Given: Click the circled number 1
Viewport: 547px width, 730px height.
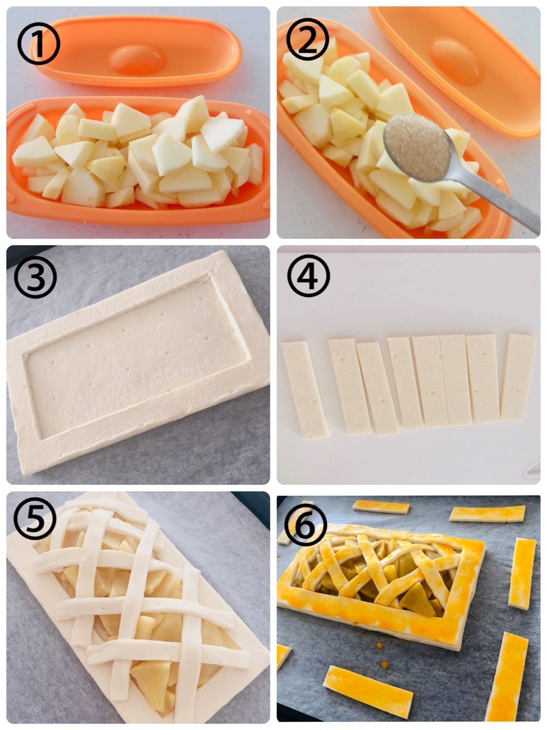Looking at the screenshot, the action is click(39, 43).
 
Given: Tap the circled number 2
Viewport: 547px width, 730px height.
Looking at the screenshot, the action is click(308, 39).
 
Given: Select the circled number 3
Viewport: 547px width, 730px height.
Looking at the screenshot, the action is click(35, 277).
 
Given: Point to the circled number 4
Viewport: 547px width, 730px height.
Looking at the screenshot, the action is click(308, 276).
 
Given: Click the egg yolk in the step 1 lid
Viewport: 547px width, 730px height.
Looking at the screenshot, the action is click(138, 60).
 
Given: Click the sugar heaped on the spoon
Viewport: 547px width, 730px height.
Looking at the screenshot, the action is click(417, 147).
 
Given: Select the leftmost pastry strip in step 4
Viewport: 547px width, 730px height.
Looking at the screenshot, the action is click(305, 390).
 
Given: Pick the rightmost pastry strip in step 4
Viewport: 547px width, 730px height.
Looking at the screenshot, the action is click(518, 378).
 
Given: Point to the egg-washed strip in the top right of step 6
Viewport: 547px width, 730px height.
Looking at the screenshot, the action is click(487, 514).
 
